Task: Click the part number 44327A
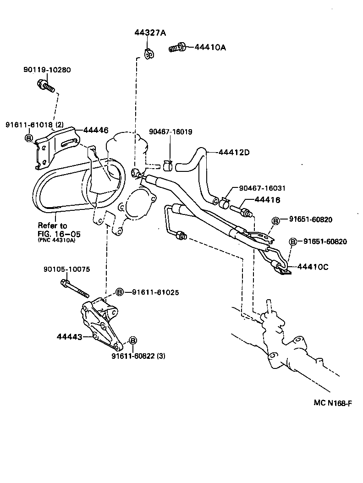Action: click(x=150, y=33)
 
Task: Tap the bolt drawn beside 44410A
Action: click(x=177, y=48)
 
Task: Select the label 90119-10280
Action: click(x=47, y=70)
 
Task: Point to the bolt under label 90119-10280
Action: click(x=46, y=85)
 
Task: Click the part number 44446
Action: click(x=96, y=130)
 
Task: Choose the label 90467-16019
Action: click(x=170, y=132)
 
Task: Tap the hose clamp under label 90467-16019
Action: click(x=168, y=166)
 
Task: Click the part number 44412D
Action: click(x=234, y=152)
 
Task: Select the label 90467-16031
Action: click(x=262, y=188)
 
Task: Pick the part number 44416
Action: click(x=268, y=200)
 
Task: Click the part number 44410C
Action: click(x=313, y=267)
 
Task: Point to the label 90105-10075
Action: click(x=67, y=269)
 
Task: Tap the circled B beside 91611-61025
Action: click(x=120, y=292)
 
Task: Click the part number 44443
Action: click(x=69, y=337)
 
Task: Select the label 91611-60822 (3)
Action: click(x=138, y=356)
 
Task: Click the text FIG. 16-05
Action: click(x=59, y=234)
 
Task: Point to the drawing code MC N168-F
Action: click(x=333, y=403)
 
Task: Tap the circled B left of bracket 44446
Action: click(x=29, y=138)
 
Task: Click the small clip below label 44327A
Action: click(x=149, y=54)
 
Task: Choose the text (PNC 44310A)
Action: click(x=56, y=240)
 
